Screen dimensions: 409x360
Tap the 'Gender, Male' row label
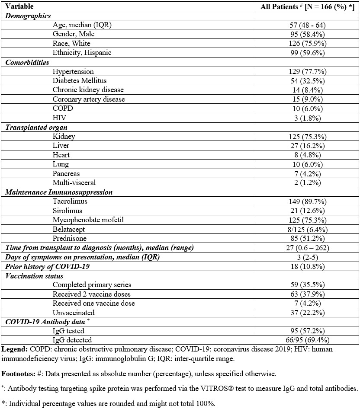pos(73,34)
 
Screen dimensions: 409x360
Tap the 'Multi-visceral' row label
pos(74,183)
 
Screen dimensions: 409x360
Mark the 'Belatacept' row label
pos(69,229)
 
